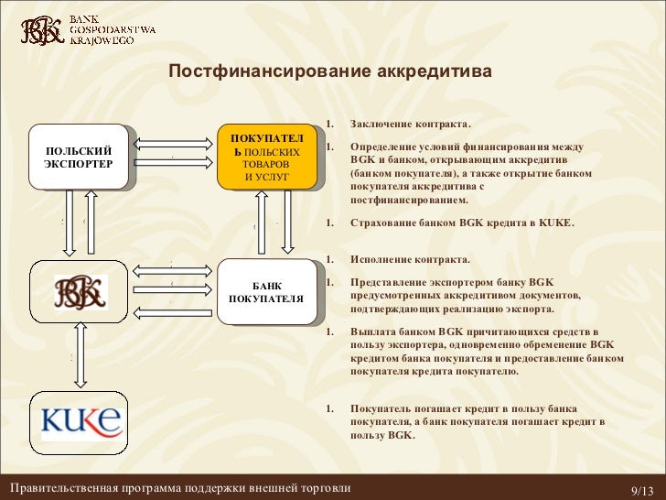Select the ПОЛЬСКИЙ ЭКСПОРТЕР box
[78, 157]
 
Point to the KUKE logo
[79, 421]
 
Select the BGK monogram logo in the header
[42, 31]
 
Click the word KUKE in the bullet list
[554, 223]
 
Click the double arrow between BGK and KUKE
[79, 353]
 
